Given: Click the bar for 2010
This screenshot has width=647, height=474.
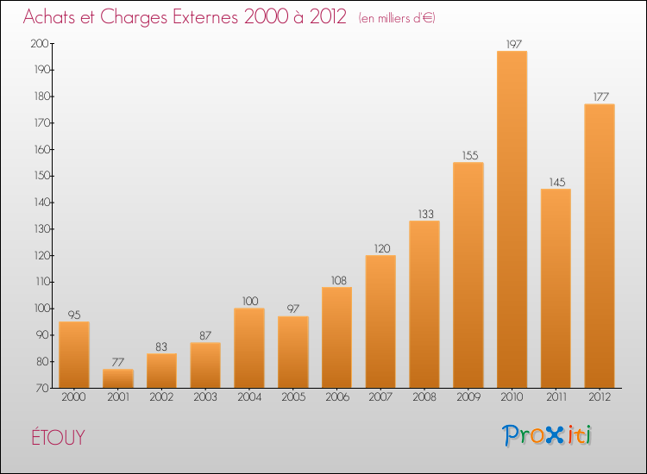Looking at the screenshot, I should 512,220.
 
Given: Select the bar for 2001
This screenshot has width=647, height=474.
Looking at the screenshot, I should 118,378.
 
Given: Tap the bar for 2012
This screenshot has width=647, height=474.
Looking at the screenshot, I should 600,246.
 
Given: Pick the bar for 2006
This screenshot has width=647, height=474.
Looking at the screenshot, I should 336,337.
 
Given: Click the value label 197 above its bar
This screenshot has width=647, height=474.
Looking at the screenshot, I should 512,44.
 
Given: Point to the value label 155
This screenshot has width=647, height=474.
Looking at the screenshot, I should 468,155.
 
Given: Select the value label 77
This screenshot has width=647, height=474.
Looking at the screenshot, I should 118,362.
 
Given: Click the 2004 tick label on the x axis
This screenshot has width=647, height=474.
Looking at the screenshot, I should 249,397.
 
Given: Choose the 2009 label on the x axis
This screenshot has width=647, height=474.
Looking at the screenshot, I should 468,397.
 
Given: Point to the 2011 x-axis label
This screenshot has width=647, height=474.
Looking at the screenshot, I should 556,397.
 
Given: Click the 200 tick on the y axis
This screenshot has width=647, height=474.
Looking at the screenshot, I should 40,44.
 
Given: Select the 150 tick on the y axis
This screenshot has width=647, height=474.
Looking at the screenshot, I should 40,176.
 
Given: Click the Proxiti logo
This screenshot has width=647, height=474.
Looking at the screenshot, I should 547,435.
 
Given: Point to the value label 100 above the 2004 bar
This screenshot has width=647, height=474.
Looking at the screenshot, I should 249,301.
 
